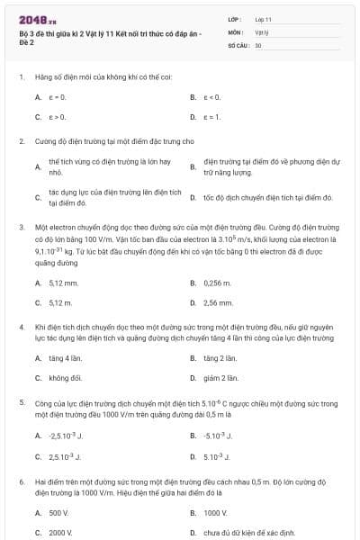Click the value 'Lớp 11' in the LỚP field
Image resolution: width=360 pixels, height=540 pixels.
click(x=264, y=18)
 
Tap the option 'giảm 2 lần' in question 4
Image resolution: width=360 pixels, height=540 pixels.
click(x=220, y=378)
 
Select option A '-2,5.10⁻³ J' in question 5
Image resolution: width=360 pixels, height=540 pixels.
click(x=65, y=436)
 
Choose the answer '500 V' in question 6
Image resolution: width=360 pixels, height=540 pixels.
click(x=58, y=512)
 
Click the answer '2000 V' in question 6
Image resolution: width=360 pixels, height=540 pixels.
click(x=60, y=532)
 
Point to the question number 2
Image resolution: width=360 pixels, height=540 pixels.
click(x=22, y=141)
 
